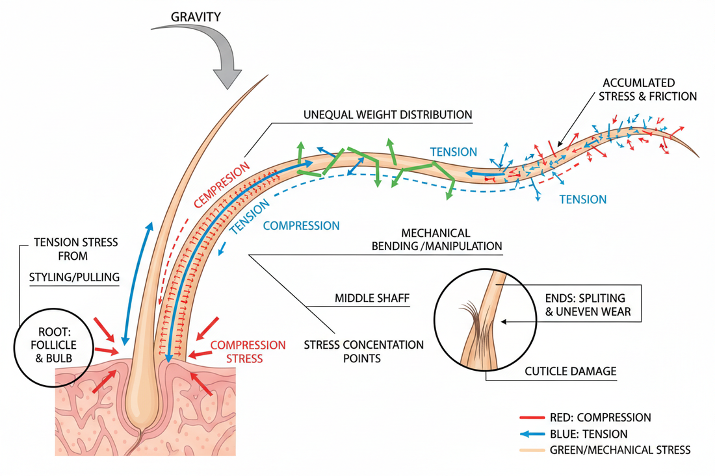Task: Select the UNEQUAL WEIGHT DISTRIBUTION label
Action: [x=387, y=114]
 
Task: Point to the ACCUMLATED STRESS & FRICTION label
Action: [x=649, y=90]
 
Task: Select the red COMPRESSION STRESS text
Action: [x=248, y=351]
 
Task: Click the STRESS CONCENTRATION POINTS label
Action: [x=363, y=351]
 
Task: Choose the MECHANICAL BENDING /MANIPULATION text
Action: [x=435, y=239]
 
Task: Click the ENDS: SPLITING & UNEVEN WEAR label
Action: [x=585, y=306]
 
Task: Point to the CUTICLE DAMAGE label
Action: [x=570, y=371]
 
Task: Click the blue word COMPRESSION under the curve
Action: [x=301, y=226]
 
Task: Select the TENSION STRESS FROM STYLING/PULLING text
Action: [x=75, y=260]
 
